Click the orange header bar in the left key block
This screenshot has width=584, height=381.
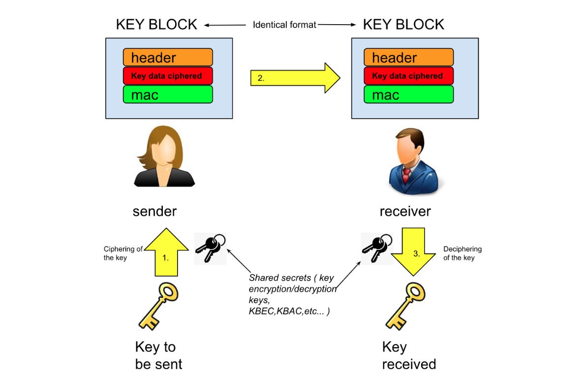pyautogui.click(x=168, y=58)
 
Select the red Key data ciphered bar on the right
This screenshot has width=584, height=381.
pyautogui.click(x=408, y=76)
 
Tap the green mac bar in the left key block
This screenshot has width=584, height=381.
pyautogui.click(x=168, y=95)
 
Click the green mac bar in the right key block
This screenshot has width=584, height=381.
pyautogui.click(x=408, y=95)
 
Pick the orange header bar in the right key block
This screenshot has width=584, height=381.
pyautogui.click(x=408, y=58)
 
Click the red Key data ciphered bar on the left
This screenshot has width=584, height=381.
pyautogui.click(x=168, y=76)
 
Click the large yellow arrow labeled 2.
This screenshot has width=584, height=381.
pyautogui.click(x=295, y=78)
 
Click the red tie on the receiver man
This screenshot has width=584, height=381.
pyautogui.click(x=406, y=174)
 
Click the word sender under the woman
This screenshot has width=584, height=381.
pyautogui.click(x=154, y=211)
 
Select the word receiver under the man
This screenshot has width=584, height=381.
pyautogui.click(x=405, y=211)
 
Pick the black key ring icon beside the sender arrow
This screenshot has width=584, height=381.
pyautogui.click(x=210, y=248)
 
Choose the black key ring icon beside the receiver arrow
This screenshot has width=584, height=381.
pyautogui.click(x=376, y=246)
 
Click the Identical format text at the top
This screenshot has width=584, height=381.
pyautogui.click(x=284, y=25)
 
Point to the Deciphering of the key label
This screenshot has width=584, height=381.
pyautogui.click(x=462, y=253)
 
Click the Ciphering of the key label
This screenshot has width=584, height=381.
pyautogui.click(x=123, y=253)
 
